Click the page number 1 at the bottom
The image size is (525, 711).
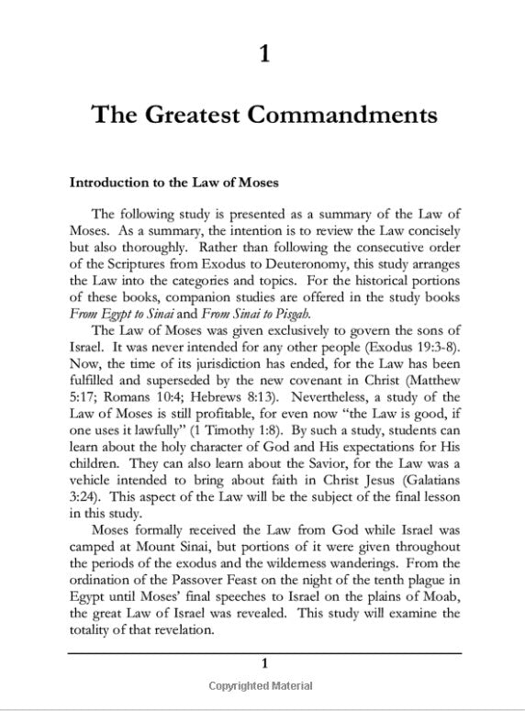263,662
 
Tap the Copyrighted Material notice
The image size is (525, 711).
261,686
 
